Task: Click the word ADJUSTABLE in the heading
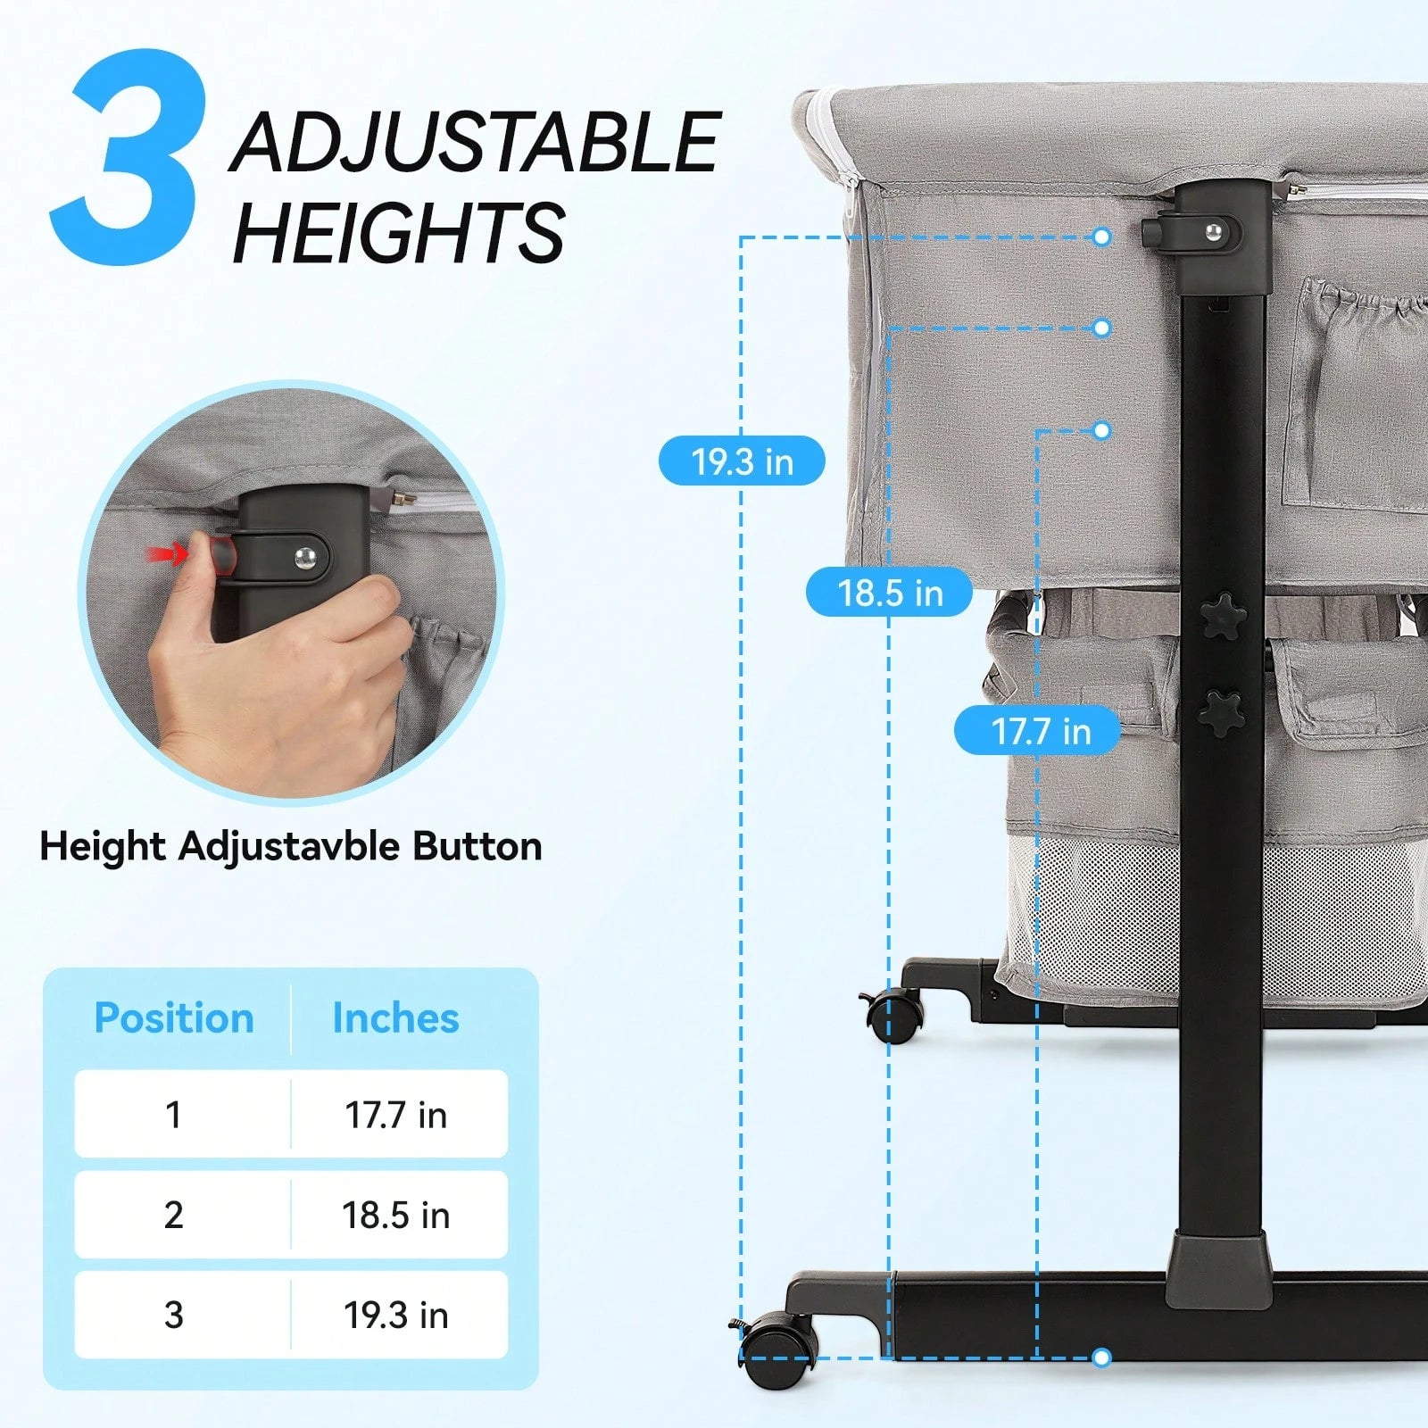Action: point(476,142)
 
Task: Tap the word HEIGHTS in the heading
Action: point(399,231)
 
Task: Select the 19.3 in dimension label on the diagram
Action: point(742,461)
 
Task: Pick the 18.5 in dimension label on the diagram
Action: point(889,592)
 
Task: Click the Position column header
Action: point(174,1017)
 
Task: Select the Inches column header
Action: point(395,1017)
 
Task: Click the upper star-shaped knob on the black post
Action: point(1222,616)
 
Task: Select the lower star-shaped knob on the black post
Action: point(1222,711)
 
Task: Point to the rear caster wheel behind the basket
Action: point(892,1016)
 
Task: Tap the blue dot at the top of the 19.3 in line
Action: point(1101,237)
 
